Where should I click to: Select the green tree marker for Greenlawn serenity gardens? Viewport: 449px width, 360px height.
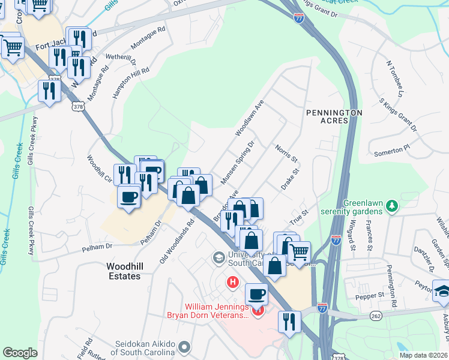point(392,206)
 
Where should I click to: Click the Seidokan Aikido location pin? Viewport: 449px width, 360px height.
point(184,347)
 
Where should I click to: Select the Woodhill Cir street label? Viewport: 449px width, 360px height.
point(100,169)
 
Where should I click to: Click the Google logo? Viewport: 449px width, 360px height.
point(20,353)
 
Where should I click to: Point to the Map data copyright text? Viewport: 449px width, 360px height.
point(423,355)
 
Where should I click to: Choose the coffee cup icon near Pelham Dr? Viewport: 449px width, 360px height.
point(129,197)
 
